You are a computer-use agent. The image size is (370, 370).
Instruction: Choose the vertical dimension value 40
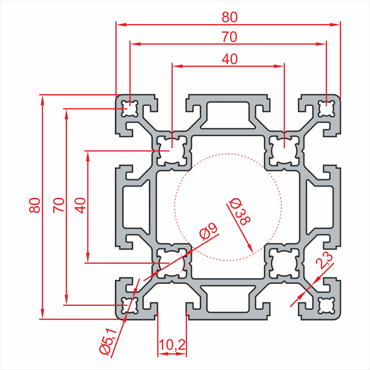[80, 205]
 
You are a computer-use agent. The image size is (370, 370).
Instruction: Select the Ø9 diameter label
[208, 231]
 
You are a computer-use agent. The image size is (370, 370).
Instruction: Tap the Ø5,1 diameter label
[107, 341]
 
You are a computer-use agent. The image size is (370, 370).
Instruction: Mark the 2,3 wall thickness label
[326, 260]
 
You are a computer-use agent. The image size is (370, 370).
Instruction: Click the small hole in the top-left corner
[130, 108]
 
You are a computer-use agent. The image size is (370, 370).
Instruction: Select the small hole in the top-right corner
[326, 108]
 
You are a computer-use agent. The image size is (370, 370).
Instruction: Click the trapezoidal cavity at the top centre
[228, 113]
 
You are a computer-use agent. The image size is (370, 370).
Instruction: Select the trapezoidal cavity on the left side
[136, 206]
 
